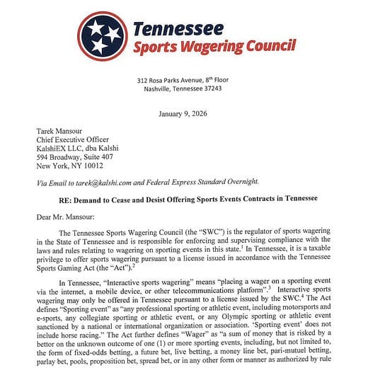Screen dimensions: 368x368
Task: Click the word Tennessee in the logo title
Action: [178, 30]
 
